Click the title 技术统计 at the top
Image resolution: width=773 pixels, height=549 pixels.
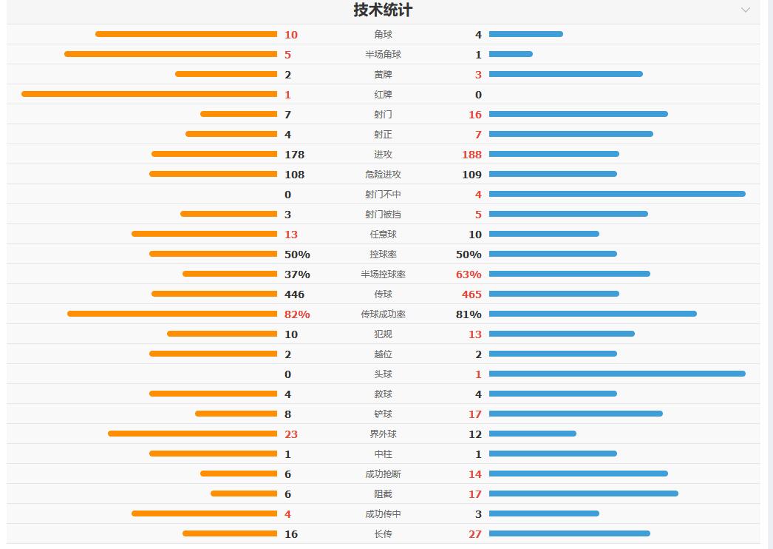(383, 10)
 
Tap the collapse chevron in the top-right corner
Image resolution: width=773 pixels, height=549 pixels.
(746, 10)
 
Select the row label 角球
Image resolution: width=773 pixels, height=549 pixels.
(384, 35)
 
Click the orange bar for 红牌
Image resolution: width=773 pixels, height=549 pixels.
(149, 94)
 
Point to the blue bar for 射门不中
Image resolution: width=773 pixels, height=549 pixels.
(617, 194)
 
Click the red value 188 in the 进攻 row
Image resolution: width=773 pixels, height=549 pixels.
(471, 155)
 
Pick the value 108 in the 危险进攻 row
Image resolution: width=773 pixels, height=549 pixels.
(294, 175)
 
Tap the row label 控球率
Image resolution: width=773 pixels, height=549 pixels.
(384, 255)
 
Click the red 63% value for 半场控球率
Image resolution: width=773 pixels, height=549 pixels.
(469, 274)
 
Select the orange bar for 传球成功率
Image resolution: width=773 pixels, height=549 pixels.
(172, 314)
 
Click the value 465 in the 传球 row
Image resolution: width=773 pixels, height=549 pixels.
(471, 294)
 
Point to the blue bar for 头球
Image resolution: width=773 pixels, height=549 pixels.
(617, 374)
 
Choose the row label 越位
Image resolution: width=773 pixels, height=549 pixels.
(384, 354)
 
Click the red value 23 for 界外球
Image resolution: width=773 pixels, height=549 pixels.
(291, 434)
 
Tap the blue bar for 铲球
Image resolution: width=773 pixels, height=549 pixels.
(576, 414)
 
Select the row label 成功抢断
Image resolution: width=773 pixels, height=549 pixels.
(384, 474)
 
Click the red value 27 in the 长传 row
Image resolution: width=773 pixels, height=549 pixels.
(474, 534)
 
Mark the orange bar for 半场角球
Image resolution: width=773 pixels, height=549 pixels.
(171, 54)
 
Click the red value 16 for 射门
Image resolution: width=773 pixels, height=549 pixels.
(474, 115)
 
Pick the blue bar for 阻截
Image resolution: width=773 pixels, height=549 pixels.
(584, 494)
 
